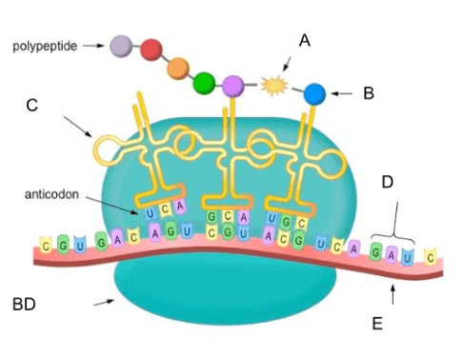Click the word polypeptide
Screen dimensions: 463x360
(x=45, y=47)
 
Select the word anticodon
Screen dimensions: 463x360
(x=51, y=194)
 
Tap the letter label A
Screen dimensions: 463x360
(x=305, y=41)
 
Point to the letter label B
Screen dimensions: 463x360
(x=369, y=93)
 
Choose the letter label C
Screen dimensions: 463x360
(x=32, y=105)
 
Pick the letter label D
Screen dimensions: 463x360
(x=388, y=182)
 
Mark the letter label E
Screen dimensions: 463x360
(x=377, y=324)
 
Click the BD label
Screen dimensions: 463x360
(x=24, y=304)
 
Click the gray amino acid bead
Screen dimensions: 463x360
(x=121, y=46)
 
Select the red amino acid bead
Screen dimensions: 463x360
(x=151, y=50)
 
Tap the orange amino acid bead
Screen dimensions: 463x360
(x=178, y=69)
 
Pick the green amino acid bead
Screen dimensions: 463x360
(x=204, y=83)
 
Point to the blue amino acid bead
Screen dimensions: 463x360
(x=314, y=94)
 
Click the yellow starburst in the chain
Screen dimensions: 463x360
(x=274, y=85)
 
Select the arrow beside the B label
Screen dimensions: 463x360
(x=341, y=93)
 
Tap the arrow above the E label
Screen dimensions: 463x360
(x=393, y=294)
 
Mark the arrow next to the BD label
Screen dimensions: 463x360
(x=104, y=302)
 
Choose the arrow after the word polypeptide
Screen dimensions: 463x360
(x=93, y=46)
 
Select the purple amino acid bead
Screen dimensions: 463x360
(x=232, y=86)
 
